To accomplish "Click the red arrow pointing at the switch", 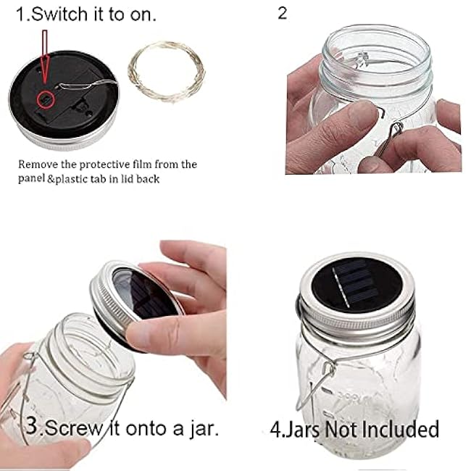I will tap(44, 58).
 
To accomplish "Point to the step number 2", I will tap(282, 14).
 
